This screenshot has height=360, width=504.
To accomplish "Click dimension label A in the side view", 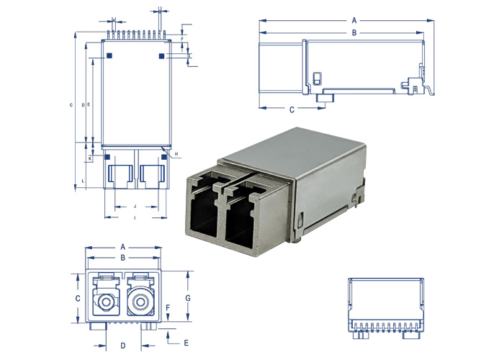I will (x=354, y=19).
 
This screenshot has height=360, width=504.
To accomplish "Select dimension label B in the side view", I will (x=354, y=33).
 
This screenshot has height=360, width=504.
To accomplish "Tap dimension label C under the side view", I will (x=292, y=110).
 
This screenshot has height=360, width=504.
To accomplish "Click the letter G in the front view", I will (x=187, y=297).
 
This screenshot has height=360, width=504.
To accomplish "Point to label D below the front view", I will (x=123, y=346).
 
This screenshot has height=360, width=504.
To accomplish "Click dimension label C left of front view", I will (x=78, y=297).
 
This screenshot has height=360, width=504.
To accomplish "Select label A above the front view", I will (x=123, y=246).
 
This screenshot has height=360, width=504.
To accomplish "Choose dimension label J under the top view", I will (x=135, y=206).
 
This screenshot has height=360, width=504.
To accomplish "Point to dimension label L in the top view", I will (x=84, y=179).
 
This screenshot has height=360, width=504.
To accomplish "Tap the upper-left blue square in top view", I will (x=109, y=55).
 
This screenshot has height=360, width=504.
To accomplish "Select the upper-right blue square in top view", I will (x=161, y=55).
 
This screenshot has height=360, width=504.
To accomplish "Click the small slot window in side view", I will (x=318, y=77).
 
